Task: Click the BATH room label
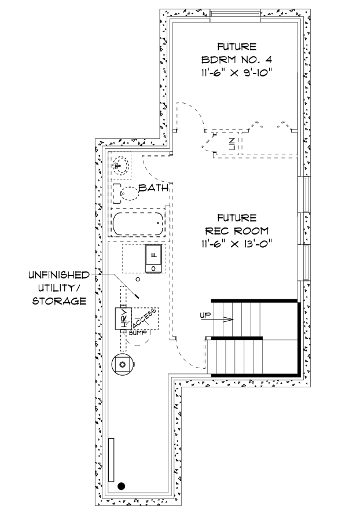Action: point(154,188)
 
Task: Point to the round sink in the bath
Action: point(120,164)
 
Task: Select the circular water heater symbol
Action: point(122,364)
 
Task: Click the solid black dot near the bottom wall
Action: point(122,486)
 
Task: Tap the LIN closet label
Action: point(232,144)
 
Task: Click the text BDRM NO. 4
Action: point(236,60)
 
